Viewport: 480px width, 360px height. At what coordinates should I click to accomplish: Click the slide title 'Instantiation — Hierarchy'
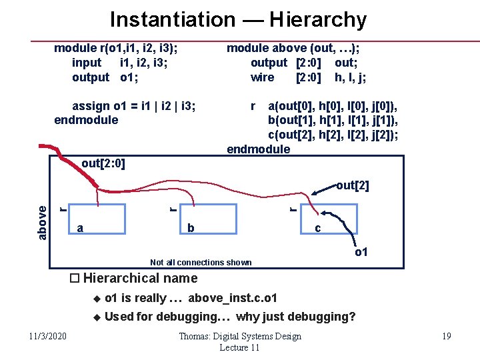(x=238, y=19)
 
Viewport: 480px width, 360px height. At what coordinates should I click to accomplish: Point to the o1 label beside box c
(x=361, y=252)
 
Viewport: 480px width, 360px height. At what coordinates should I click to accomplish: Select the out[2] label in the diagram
(x=352, y=185)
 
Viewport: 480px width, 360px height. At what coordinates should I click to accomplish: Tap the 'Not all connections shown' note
(x=201, y=262)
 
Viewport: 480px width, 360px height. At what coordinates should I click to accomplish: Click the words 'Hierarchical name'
(x=140, y=278)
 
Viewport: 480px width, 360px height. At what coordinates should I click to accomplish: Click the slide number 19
(x=447, y=335)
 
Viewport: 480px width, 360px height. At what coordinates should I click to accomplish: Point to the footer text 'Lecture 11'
(x=239, y=347)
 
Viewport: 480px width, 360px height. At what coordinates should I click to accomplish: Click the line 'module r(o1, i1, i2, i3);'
(x=120, y=48)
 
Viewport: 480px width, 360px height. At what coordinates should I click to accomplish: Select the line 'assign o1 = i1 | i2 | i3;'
(x=133, y=105)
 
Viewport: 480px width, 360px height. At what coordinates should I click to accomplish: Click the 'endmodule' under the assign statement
(x=86, y=120)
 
